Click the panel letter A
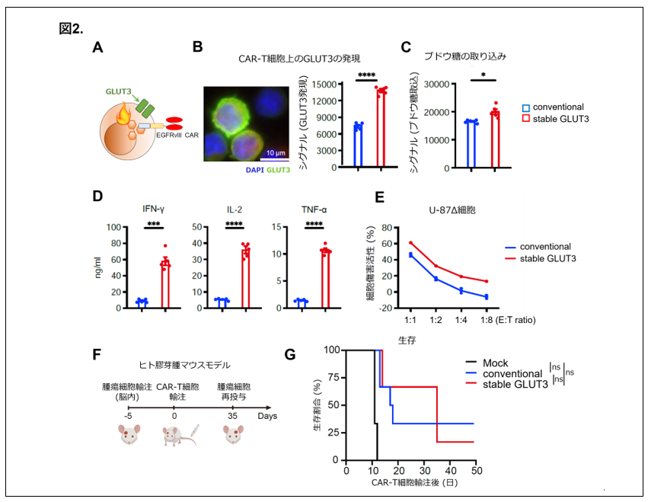(97, 47)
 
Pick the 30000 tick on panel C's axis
(439, 85)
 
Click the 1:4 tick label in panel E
(461, 320)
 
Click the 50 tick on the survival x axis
(476, 472)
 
